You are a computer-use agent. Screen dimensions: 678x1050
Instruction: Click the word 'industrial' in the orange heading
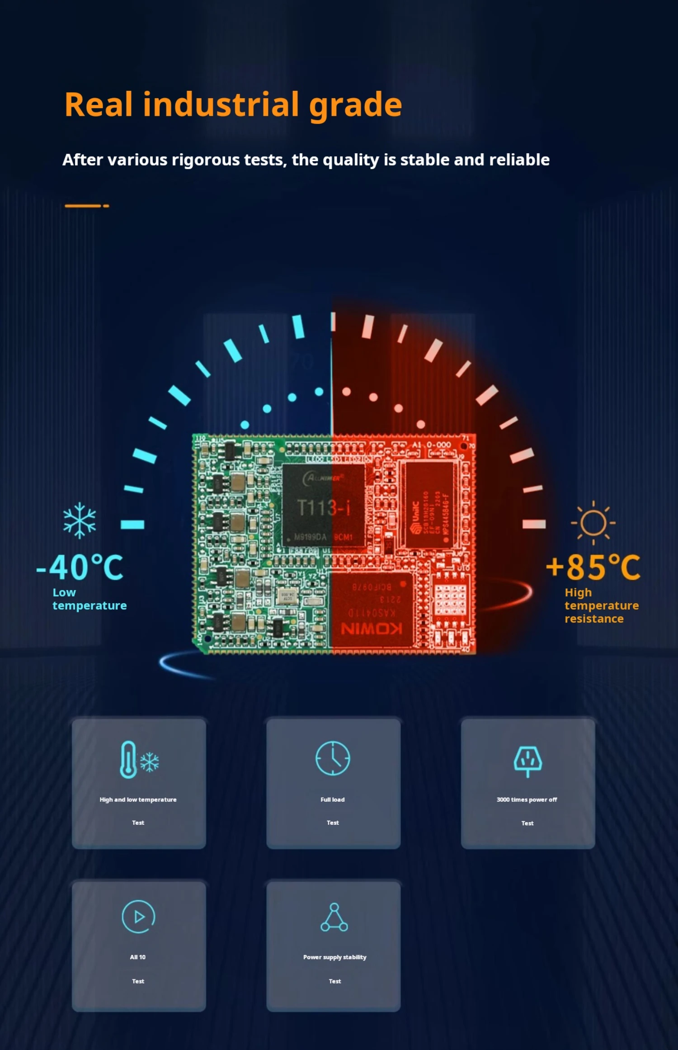221,105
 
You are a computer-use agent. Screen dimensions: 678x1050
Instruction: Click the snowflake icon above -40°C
80,520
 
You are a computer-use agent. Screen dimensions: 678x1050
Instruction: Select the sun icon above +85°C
593,523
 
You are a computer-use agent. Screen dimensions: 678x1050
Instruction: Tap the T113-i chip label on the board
323,508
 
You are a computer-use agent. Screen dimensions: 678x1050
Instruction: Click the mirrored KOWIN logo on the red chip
372,629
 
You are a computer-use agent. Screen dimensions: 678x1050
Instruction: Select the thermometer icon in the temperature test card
128,760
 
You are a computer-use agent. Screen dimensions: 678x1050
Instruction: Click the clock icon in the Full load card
333,758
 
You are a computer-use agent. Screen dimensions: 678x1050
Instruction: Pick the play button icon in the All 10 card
138,917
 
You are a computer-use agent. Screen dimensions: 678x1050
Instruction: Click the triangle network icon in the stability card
334,918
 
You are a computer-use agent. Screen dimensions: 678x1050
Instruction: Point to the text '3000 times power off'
527,800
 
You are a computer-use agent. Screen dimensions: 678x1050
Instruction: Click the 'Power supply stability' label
334,957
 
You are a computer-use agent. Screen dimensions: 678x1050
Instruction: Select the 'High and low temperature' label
138,800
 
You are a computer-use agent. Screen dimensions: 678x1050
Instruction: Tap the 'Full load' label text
333,800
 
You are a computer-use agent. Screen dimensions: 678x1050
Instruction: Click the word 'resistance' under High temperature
594,619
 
